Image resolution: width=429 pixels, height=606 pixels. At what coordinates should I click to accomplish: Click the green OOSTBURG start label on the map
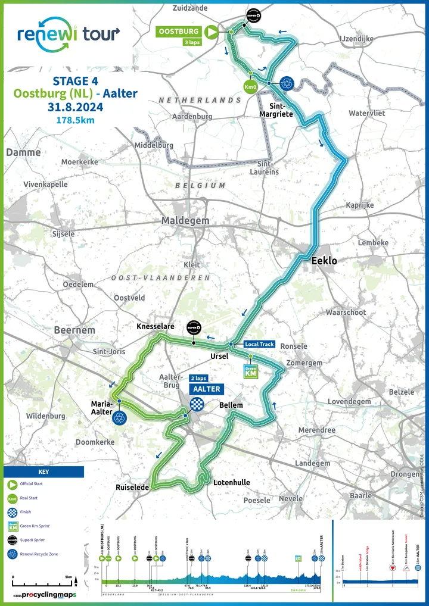point(178,32)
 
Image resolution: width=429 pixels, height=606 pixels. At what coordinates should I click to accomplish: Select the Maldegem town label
point(185,221)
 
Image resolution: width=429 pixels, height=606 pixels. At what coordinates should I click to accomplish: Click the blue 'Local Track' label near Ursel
point(259,345)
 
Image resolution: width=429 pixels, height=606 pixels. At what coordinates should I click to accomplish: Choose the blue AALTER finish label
point(205,389)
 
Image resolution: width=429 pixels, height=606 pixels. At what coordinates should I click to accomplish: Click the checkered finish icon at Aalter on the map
point(195,404)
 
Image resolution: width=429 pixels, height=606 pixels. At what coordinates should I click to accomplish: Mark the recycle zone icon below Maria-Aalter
point(119,418)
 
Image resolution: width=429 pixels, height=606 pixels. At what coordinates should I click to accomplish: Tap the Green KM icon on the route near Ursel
point(251,371)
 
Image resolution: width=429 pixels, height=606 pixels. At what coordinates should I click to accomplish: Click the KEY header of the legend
point(43,471)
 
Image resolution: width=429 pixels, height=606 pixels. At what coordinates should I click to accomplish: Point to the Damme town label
point(23,152)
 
